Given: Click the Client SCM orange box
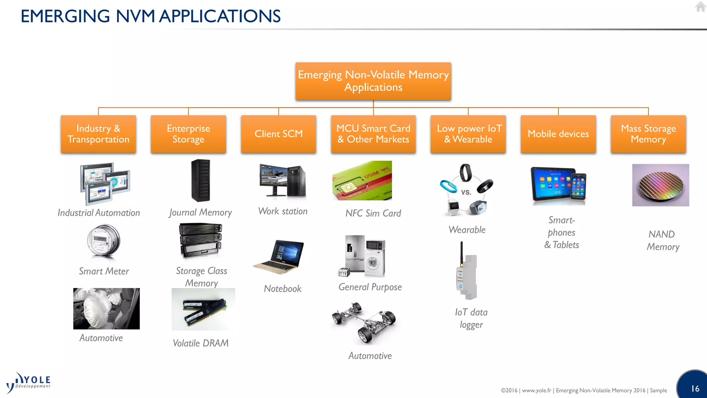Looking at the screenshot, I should (x=279, y=134).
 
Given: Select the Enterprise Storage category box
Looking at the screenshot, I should (x=188, y=134).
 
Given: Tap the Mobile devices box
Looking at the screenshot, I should (x=558, y=134).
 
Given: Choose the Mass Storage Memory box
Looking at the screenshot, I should (x=648, y=134).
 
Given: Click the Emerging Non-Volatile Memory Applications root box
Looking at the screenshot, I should (x=373, y=81).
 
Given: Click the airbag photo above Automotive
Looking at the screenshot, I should (x=106, y=309).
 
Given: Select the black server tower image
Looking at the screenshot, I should (x=201, y=180).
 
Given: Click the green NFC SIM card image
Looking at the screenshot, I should (x=362, y=180).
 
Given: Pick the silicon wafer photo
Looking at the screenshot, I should (x=660, y=185).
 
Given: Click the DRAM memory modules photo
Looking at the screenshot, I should (x=203, y=309).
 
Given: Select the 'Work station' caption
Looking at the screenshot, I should (x=283, y=211).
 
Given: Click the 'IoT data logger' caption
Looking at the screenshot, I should (x=471, y=318).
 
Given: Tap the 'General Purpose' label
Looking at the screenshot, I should (x=370, y=287).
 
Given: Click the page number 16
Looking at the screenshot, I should (x=695, y=389).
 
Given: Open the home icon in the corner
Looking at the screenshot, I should (x=700, y=7).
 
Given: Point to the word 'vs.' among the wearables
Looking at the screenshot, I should (x=466, y=192).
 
